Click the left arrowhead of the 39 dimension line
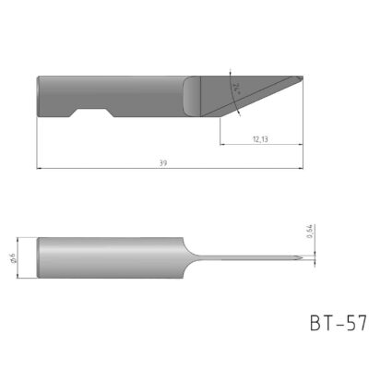40,168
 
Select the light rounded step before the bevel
192,95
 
